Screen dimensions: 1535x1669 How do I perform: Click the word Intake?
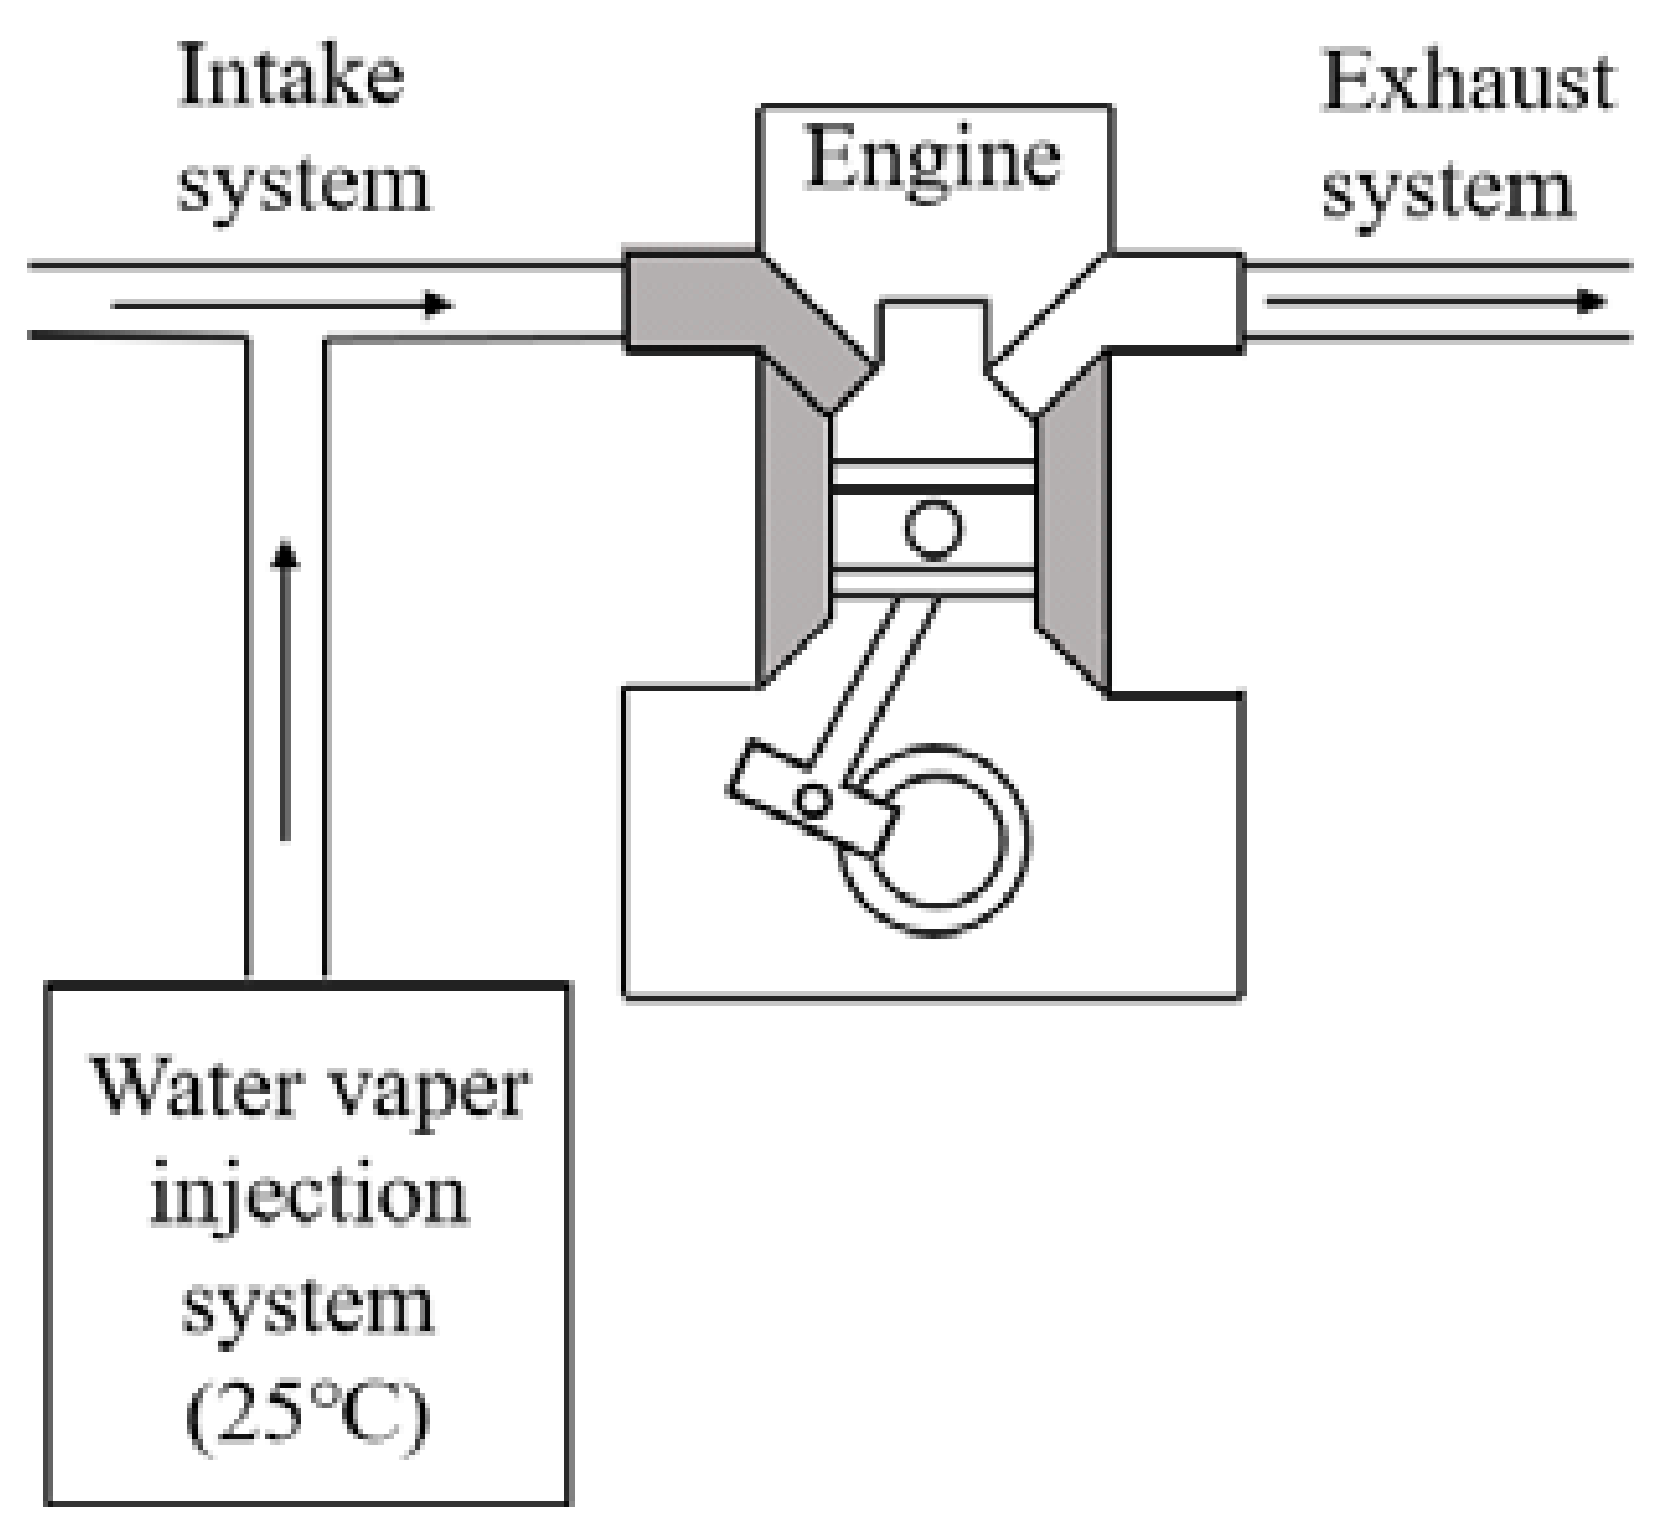tap(291, 79)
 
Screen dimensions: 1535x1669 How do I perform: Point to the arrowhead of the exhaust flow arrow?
tap(1590, 302)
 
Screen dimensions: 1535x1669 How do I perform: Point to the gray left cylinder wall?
tap(793, 531)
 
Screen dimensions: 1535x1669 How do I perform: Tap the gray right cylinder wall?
tap(1074, 531)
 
